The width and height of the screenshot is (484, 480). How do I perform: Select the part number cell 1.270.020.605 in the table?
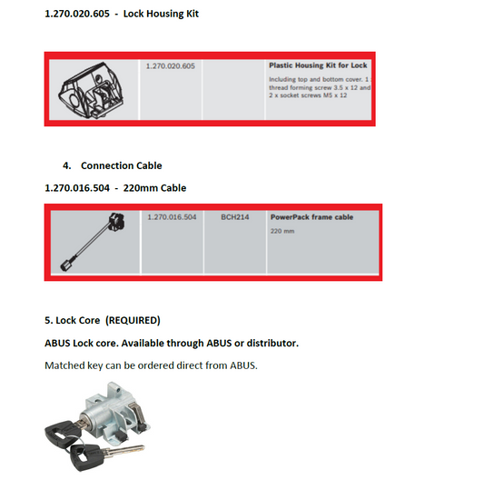[171, 65]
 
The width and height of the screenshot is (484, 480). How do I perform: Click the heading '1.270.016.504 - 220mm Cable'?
[115, 187]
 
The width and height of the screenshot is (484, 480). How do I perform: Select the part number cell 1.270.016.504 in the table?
[171, 218]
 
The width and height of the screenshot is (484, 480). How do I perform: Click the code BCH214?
[234, 218]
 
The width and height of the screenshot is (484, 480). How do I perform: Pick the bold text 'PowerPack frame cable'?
[311, 218]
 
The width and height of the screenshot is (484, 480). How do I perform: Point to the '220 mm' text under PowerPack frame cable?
[282, 232]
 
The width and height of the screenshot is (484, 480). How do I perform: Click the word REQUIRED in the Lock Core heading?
[132, 320]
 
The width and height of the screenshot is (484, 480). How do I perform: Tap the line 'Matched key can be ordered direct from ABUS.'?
[153, 365]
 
